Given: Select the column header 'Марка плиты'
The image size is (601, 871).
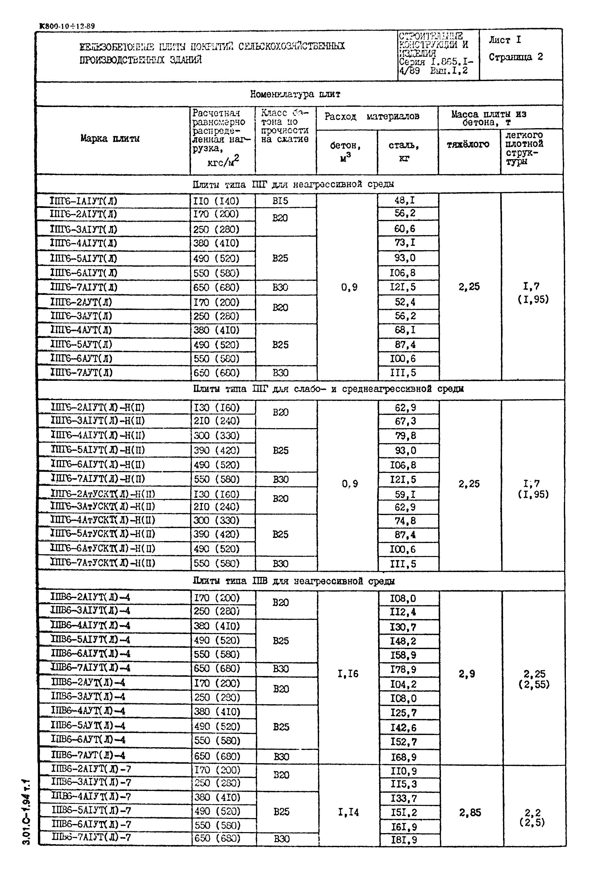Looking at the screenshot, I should pos(110,139).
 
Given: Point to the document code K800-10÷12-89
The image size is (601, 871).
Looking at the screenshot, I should pos(67,26).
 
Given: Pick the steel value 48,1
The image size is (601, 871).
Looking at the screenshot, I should pos(405,200).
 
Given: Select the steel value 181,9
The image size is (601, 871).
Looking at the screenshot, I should pos(404,840).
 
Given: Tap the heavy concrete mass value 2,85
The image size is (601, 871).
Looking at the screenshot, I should pos(470,812).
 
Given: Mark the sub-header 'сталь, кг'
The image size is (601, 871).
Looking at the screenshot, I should pos(404,151).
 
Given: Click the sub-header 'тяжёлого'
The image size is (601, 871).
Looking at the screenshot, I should pos(468,144).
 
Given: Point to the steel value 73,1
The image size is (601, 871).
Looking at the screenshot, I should pos(405,243).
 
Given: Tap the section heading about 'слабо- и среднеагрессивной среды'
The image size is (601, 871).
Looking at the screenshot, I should pos(328,389).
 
